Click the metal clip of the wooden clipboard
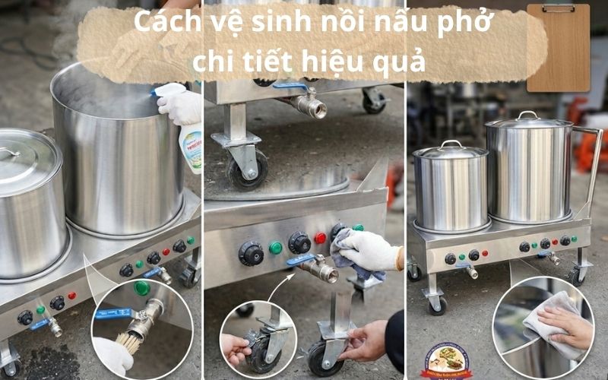click(x=559, y=8)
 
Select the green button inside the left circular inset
click(x=141, y=288)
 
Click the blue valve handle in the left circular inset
click(x=114, y=313)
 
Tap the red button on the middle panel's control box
click(x=321, y=238)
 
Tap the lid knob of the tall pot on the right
click(x=527, y=115)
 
